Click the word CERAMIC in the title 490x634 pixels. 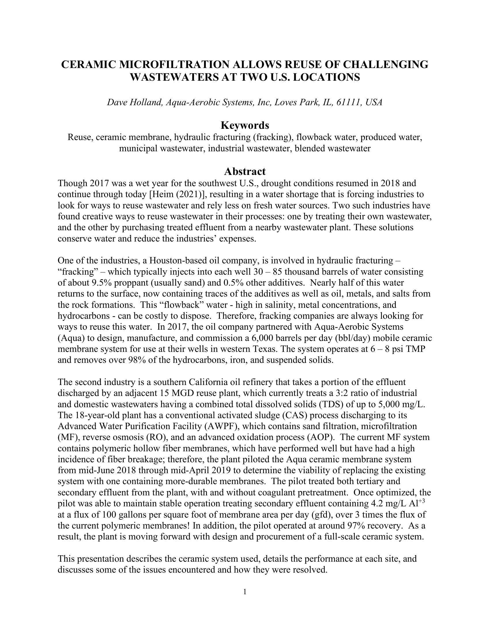[87, 65]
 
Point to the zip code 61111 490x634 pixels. [349, 102]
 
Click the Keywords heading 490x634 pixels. [245, 125]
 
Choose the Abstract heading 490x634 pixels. [245, 171]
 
